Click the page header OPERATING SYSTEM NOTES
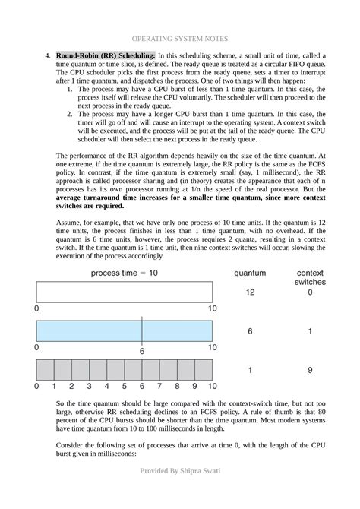180,37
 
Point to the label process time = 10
125,272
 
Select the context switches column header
309,277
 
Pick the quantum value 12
249,292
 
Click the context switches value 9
310,371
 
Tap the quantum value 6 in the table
249,331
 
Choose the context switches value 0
310,292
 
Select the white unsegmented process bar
126,292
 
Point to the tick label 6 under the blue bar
141,351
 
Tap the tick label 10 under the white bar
213,309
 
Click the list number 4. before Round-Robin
48,56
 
